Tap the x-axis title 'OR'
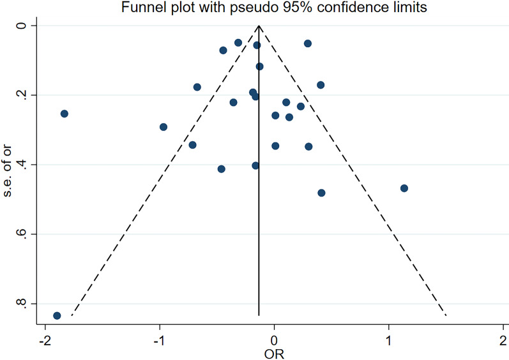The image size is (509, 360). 274,353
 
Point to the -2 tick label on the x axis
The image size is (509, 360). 44,338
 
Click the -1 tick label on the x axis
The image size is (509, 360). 159,338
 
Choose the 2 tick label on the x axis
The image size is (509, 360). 503,338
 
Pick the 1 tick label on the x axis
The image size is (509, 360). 389,338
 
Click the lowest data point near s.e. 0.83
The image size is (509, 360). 57,315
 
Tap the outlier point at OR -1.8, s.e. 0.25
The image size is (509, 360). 64,114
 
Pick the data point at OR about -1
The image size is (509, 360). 163,127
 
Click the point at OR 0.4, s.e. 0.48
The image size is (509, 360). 321,193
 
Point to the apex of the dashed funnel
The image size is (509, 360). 259,26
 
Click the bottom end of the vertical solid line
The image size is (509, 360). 259,315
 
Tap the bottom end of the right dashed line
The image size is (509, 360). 446,315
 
